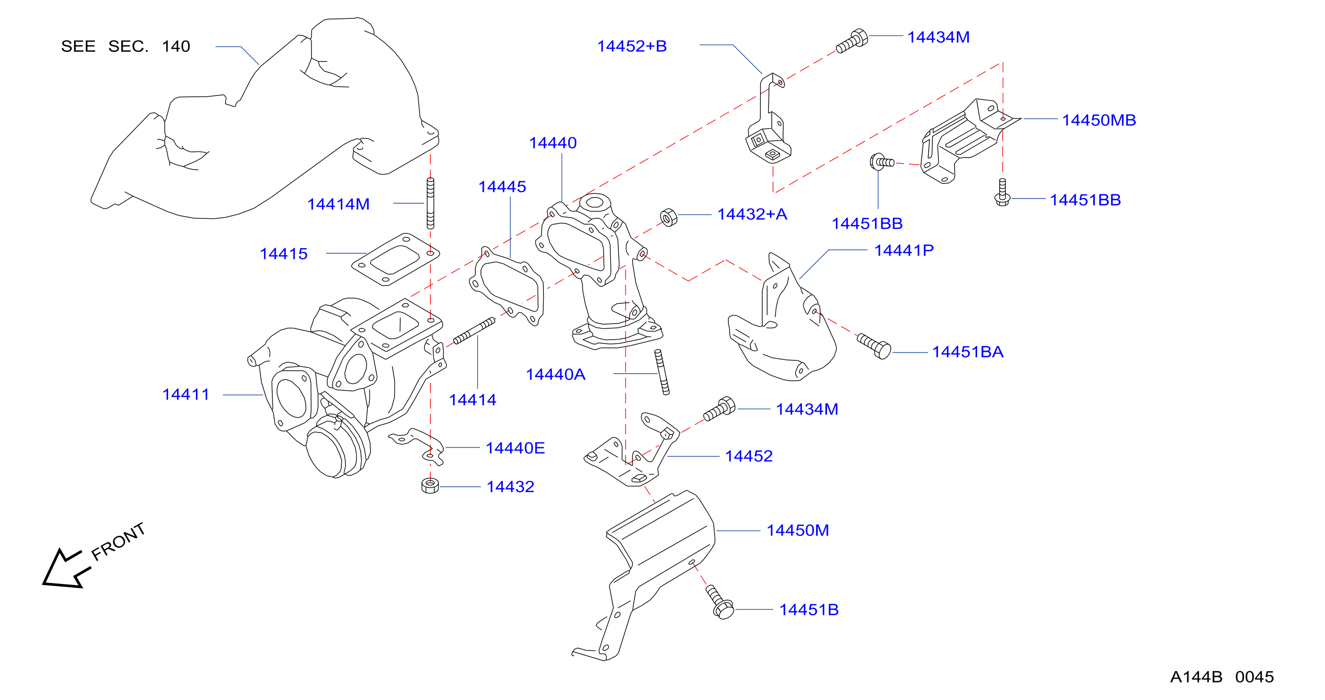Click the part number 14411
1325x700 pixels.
(186, 394)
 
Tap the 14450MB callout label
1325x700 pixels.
(1099, 120)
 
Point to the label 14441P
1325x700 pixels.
(904, 250)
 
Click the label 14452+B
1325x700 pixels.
(632, 46)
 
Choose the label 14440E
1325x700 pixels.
(515, 448)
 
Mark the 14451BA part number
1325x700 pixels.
(968, 351)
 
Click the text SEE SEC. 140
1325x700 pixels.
(126, 46)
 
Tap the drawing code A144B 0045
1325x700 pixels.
(1222, 677)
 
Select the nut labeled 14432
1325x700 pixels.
(430, 485)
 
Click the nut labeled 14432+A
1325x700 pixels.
(669, 217)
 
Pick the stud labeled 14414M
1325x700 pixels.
(430, 203)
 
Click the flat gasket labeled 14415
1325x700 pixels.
(396, 259)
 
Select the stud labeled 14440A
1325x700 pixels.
(662, 372)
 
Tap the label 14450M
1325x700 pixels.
(798, 530)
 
